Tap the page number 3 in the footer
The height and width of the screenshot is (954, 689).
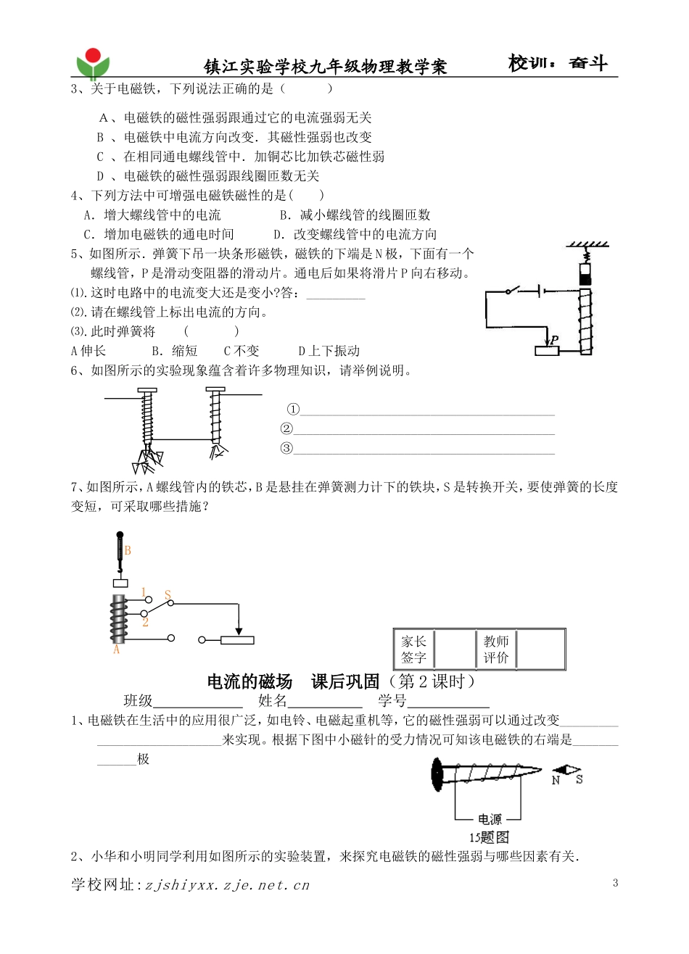point(616,882)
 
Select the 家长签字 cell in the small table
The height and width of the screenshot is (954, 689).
point(414,650)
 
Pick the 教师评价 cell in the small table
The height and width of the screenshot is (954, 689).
point(497,650)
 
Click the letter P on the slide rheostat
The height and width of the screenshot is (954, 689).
point(554,339)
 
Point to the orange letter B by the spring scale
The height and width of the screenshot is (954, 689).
point(128,550)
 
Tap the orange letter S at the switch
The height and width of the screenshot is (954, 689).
point(168,596)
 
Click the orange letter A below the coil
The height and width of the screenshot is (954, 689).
point(116,650)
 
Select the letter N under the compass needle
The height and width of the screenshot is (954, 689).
point(556,780)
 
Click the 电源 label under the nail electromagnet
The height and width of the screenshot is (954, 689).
point(490,819)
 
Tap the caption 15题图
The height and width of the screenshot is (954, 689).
point(490,837)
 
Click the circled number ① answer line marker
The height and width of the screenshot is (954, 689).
point(293,410)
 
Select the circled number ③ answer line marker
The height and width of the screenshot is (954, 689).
point(287,448)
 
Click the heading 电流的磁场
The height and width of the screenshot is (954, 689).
point(249,681)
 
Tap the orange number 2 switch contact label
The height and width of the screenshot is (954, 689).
point(145,622)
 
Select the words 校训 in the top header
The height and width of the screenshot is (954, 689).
point(527,64)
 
